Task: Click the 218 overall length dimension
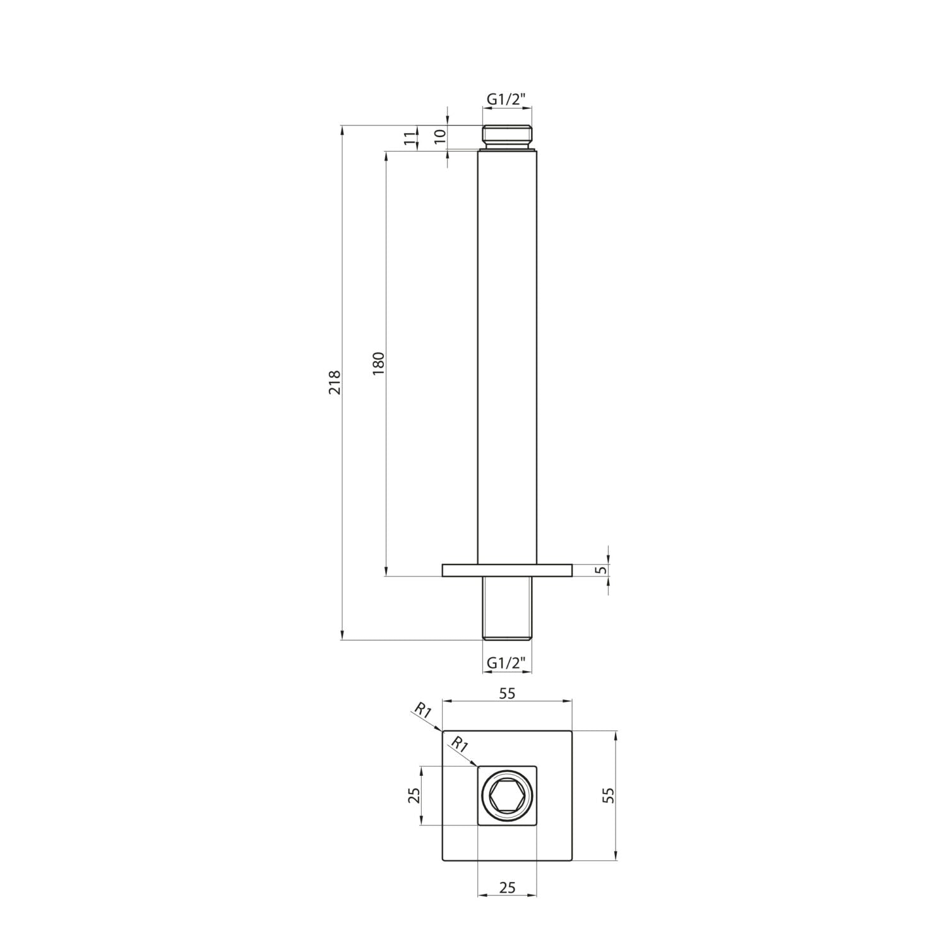[x=335, y=383]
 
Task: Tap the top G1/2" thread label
[x=507, y=98]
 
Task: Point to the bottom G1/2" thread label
[x=507, y=664]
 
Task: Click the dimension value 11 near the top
[x=410, y=139]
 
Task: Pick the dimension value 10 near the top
[x=441, y=133]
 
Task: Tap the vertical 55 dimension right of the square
[x=608, y=795]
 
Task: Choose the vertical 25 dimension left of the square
[x=414, y=795]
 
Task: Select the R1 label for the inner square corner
[x=459, y=744]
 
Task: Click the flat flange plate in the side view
[x=507, y=570]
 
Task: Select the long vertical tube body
[x=508, y=354]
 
